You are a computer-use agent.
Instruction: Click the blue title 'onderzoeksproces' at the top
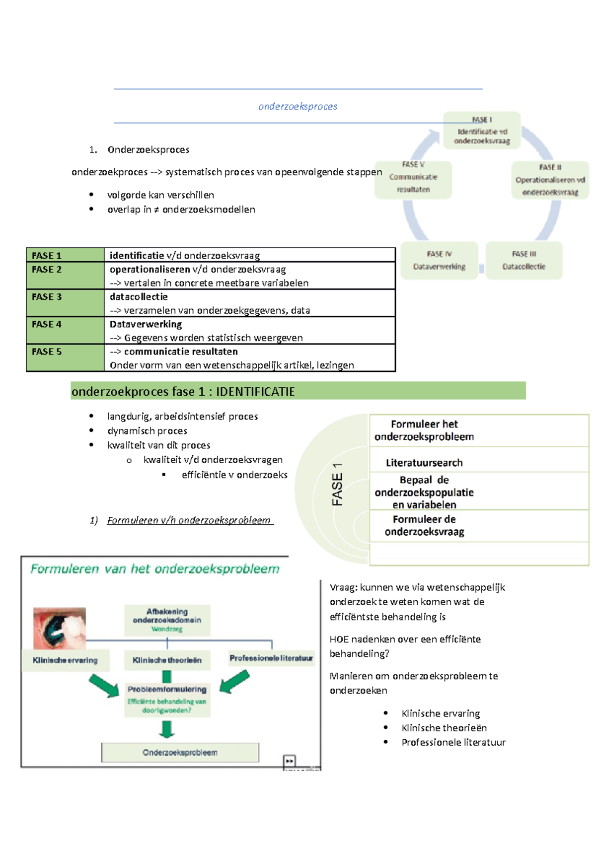pyautogui.click(x=298, y=106)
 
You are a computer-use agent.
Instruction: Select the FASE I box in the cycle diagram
pyautogui.click(x=482, y=131)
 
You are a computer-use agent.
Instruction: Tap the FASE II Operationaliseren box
pyautogui.click(x=550, y=180)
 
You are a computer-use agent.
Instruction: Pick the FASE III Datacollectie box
pyautogui.click(x=523, y=261)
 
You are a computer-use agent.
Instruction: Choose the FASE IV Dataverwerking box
pyautogui.click(x=439, y=261)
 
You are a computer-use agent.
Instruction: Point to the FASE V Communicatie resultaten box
pyautogui.click(x=413, y=177)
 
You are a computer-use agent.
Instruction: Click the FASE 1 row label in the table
pyautogui.click(x=47, y=256)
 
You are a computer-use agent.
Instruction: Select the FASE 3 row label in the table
pyautogui.click(x=47, y=297)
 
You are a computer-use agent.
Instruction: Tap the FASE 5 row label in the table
pyautogui.click(x=47, y=351)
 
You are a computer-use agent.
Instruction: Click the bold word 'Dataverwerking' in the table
pyautogui.click(x=146, y=324)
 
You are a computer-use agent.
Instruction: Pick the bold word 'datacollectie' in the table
pyautogui.click(x=139, y=297)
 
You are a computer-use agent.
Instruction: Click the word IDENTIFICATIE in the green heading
pyautogui.click(x=255, y=392)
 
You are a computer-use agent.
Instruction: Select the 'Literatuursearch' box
pyautogui.click(x=424, y=463)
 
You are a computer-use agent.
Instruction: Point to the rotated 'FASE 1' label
pyautogui.click(x=337, y=484)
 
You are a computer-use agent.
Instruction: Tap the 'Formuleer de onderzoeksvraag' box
pyautogui.click(x=424, y=525)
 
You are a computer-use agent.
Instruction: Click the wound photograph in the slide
pyautogui.click(x=60, y=628)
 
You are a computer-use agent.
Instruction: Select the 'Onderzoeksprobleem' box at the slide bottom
pyautogui.click(x=180, y=752)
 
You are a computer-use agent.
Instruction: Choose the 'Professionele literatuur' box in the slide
pyautogui.click(x=271, y=658)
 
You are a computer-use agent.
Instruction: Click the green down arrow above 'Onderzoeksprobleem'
pyautogui.click(x=167, y=729)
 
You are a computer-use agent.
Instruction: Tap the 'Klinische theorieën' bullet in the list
pyautogui.click(x=444, y=728)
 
